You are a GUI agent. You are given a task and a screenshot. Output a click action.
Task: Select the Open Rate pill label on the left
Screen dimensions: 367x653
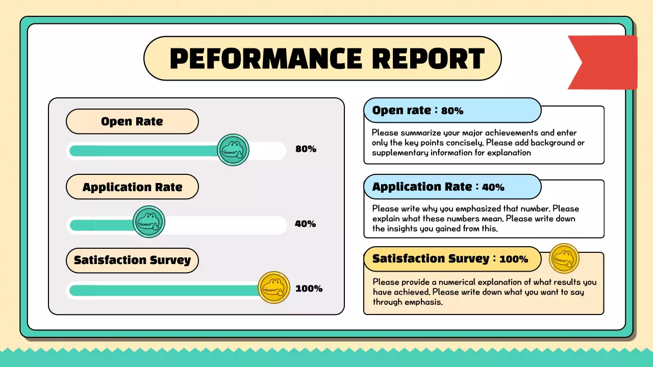pos(132,121)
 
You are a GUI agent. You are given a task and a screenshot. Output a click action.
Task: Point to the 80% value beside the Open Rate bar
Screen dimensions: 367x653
pos(306,149)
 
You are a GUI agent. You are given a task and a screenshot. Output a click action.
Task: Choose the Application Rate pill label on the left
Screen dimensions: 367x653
pos(132,187)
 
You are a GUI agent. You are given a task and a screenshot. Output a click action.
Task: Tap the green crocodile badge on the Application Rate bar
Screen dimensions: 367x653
pos(149,222)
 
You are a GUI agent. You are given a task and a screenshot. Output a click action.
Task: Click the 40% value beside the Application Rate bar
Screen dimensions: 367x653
pos(305,224)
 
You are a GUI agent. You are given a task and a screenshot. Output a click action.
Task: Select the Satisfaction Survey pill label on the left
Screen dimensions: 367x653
pos(132,260)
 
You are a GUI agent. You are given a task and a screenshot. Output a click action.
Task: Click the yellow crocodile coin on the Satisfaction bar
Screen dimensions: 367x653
pos(274,287)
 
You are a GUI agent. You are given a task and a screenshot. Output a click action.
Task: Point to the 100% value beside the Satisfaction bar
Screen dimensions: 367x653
pos(309,289)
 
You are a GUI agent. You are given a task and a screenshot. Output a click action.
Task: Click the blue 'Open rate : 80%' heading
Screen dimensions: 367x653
pos(418,111)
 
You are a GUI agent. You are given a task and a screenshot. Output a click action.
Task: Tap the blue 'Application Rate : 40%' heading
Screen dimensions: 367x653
pos(438,187)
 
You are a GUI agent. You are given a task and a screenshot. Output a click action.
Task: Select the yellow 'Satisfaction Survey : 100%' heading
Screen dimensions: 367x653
pos(450,259)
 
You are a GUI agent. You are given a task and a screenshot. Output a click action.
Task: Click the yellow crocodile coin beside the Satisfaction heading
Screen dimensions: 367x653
pos(564,258)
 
